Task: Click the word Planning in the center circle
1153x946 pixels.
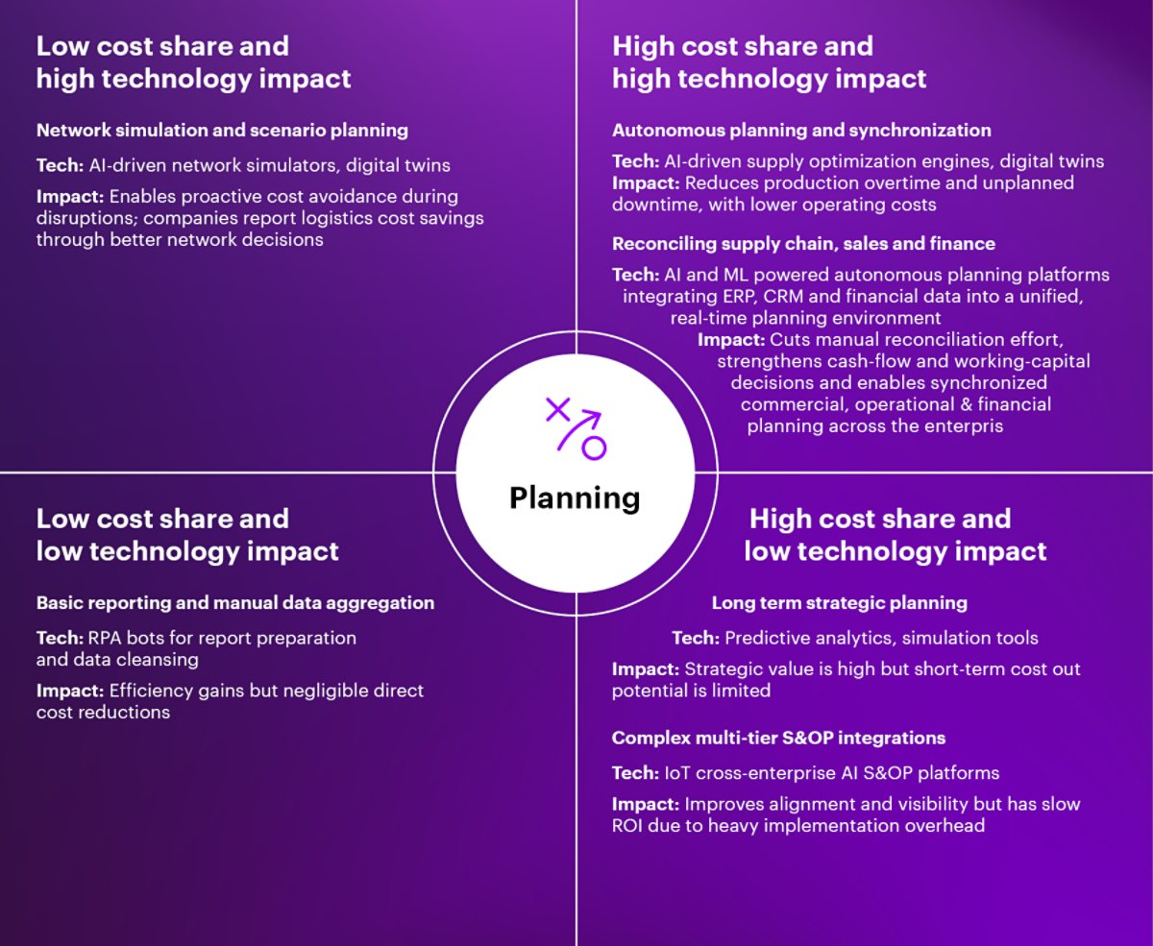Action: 575,497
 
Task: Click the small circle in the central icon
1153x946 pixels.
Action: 595,448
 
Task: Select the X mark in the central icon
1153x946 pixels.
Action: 556,409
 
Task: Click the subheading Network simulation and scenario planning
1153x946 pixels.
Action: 222,130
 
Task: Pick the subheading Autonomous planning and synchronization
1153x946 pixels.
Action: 801,130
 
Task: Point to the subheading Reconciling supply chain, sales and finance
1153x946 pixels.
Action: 803,243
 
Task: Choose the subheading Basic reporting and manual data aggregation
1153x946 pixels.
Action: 235,603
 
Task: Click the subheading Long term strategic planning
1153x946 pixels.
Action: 839,603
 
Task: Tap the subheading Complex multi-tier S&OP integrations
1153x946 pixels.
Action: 778,738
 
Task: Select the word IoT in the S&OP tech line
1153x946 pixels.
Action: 676,772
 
